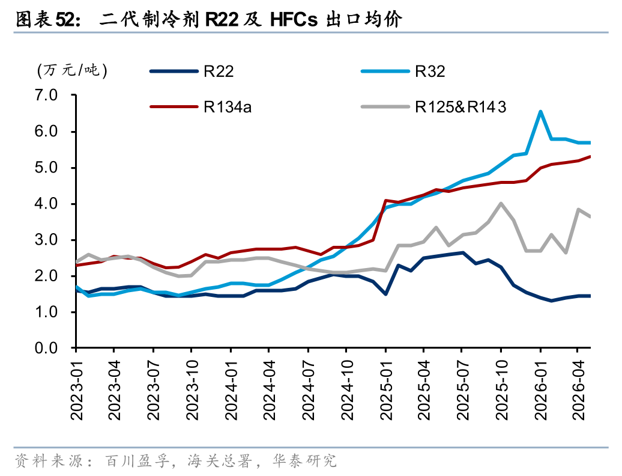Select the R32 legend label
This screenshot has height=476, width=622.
point(430,72)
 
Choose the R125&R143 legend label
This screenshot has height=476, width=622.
point(460,107)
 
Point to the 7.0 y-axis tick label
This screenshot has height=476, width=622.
point(46,96)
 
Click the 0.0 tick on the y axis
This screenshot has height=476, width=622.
point(46,348)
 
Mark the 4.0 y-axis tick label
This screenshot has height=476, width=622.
point(46,204)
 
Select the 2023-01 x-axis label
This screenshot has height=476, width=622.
point(77,391)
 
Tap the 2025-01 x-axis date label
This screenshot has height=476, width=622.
point(386,391)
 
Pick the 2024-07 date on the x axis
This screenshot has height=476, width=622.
point(308,391)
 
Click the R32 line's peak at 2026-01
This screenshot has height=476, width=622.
point(540,112)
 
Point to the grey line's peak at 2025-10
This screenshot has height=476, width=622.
point(501,203)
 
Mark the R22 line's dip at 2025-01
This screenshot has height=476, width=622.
point(385,294)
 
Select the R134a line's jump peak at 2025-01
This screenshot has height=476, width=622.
point(385,201)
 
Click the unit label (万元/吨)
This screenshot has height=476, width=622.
point(72,71)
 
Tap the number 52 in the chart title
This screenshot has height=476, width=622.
point(65,19)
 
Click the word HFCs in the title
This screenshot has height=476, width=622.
point(294,19)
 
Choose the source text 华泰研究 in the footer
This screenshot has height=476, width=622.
point(304,461)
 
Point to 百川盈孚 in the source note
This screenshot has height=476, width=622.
point(137,461)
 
